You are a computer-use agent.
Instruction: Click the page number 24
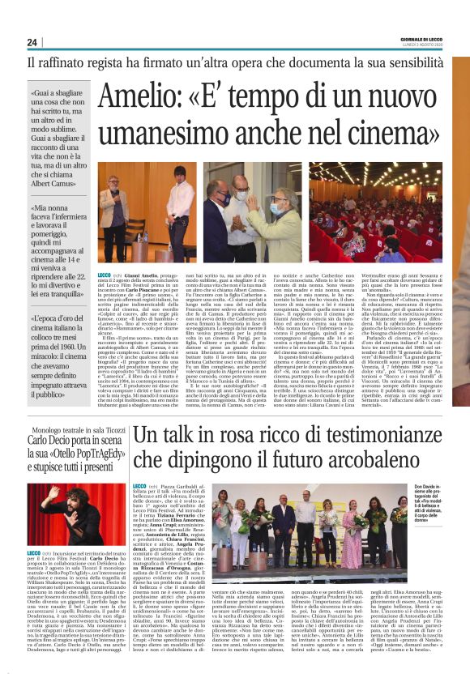click(x=32, y=42)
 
